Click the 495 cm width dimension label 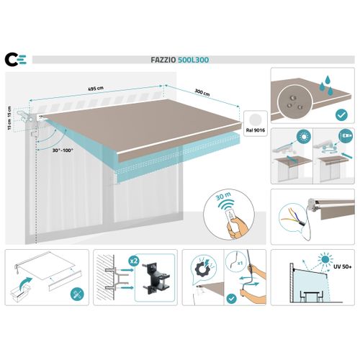(96, 90)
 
